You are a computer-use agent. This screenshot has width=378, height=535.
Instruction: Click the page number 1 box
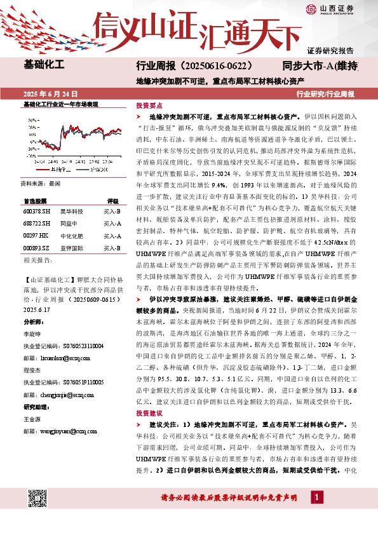coord(316,498)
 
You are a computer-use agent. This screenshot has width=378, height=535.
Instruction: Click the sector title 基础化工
coord(44,66)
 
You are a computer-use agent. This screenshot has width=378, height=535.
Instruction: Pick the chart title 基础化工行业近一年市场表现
coord(60,104)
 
